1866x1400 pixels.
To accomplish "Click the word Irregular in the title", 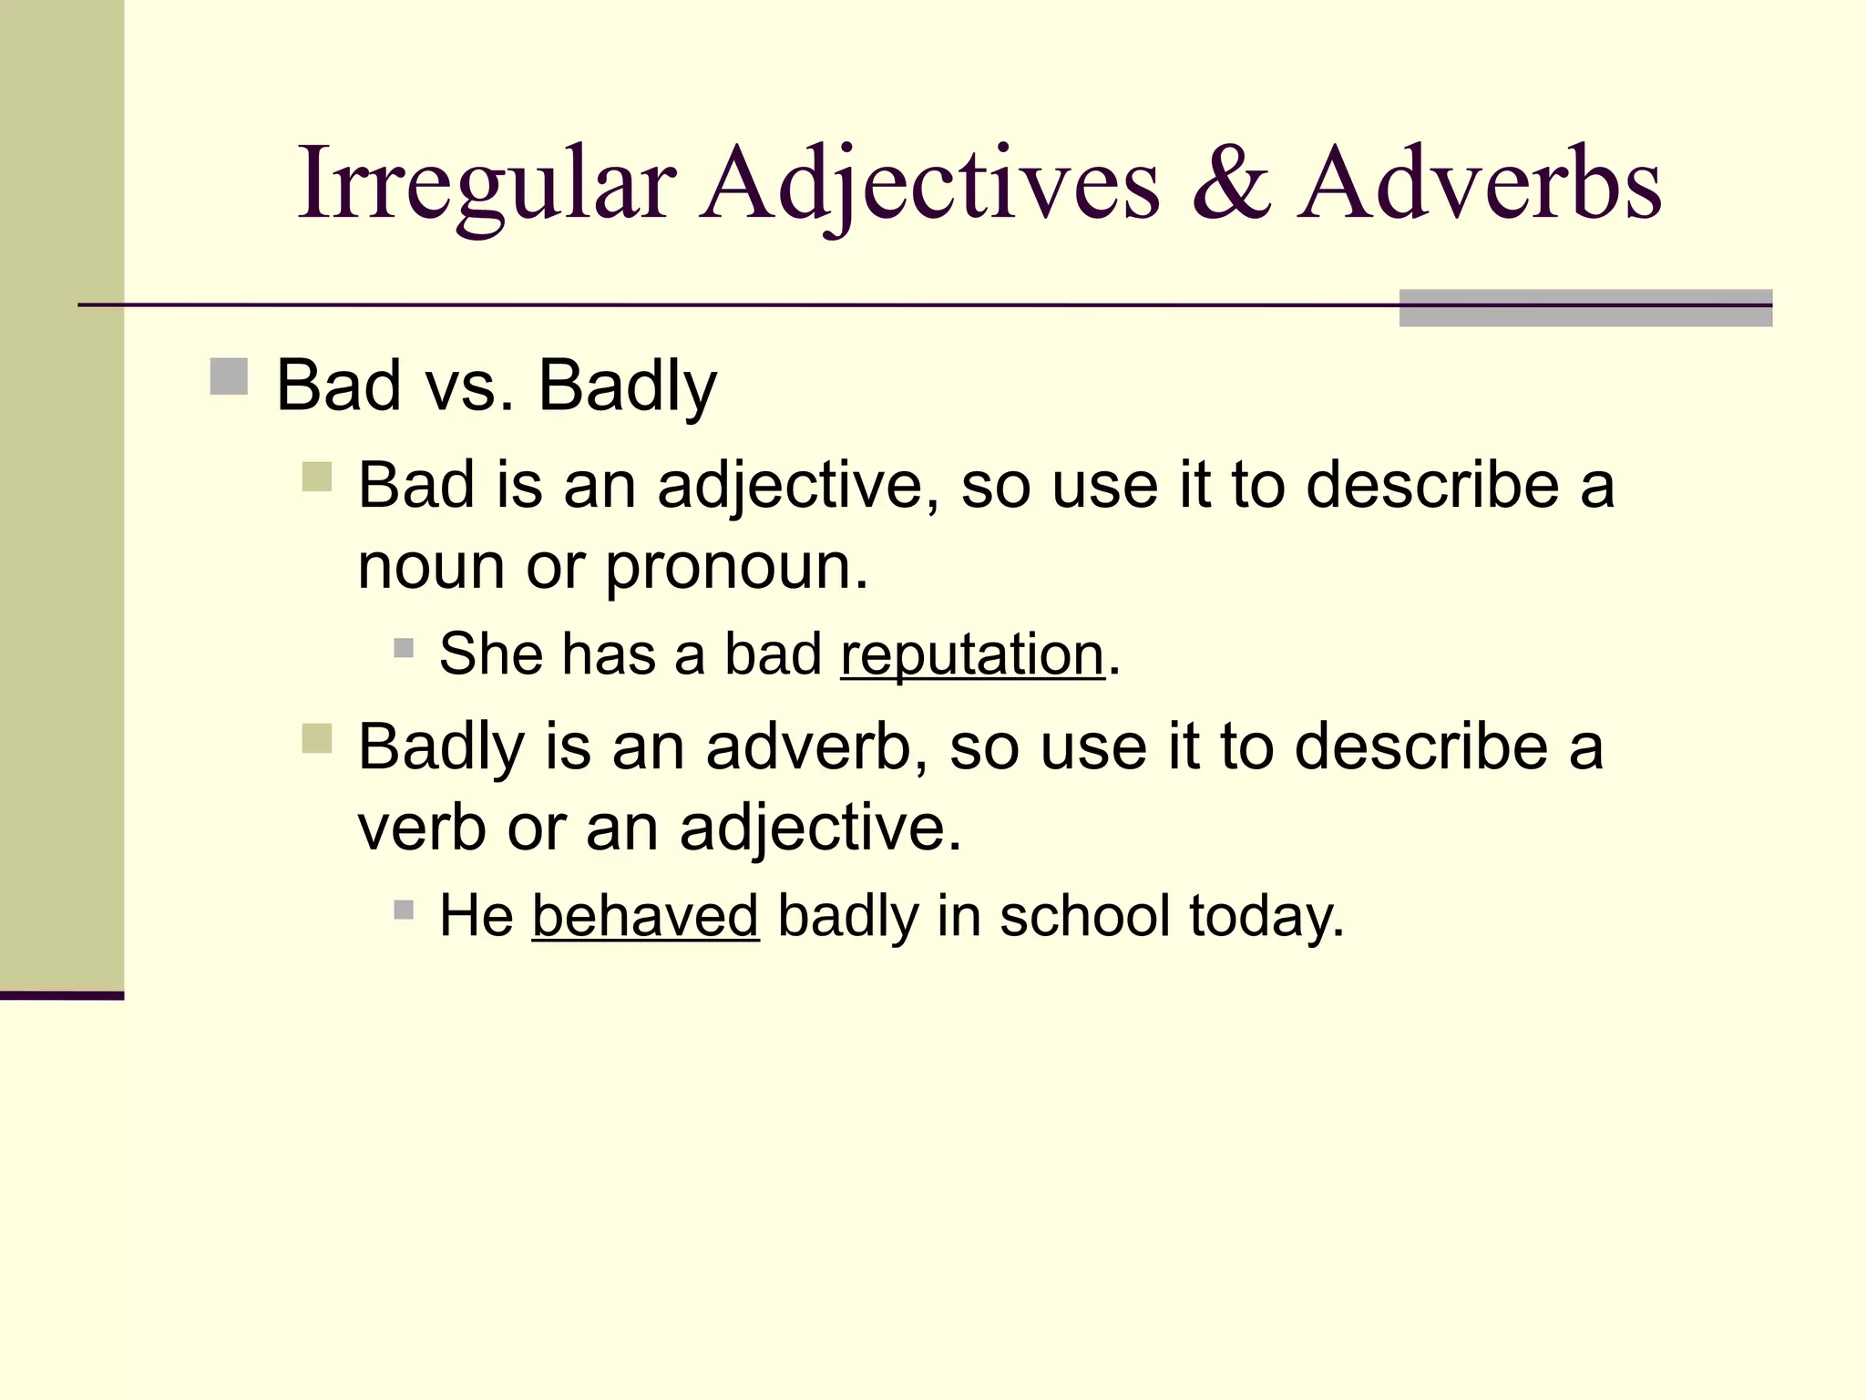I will pos(487,184).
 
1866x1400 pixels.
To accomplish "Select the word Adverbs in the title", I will pos(1481,184).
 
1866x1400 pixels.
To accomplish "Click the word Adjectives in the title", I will pos(930,184).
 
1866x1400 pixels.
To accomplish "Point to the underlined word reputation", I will pos(972,654).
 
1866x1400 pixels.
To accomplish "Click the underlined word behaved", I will pos(645,916).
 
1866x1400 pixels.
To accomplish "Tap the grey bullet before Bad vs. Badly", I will pos(229,376).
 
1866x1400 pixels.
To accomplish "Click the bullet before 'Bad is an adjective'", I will pos(316,477).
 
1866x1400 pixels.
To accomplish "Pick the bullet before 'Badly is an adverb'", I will pos(316,738).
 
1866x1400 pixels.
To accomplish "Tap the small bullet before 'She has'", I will pos(404,648).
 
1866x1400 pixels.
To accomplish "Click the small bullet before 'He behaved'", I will pos(404,910).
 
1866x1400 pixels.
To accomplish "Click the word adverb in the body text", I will pos(808,746).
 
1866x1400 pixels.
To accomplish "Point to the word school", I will pos(1085,916).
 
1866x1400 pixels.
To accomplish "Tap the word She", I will pos(491,654).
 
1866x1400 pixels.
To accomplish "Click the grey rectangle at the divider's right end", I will pos(1585,308).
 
